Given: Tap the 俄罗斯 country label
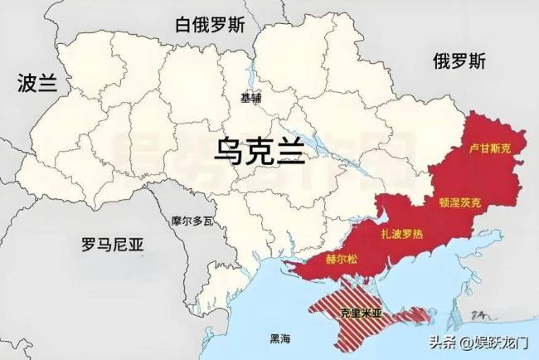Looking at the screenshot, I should (459, 60).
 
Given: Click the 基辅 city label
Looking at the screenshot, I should (250, 98).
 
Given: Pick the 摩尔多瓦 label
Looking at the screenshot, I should (192, 221).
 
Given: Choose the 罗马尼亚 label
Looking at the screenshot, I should (113, 245).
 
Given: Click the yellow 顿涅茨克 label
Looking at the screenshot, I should (459, 202).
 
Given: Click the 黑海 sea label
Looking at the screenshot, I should (280, 339).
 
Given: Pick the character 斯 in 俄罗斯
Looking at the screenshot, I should (477, 60).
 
